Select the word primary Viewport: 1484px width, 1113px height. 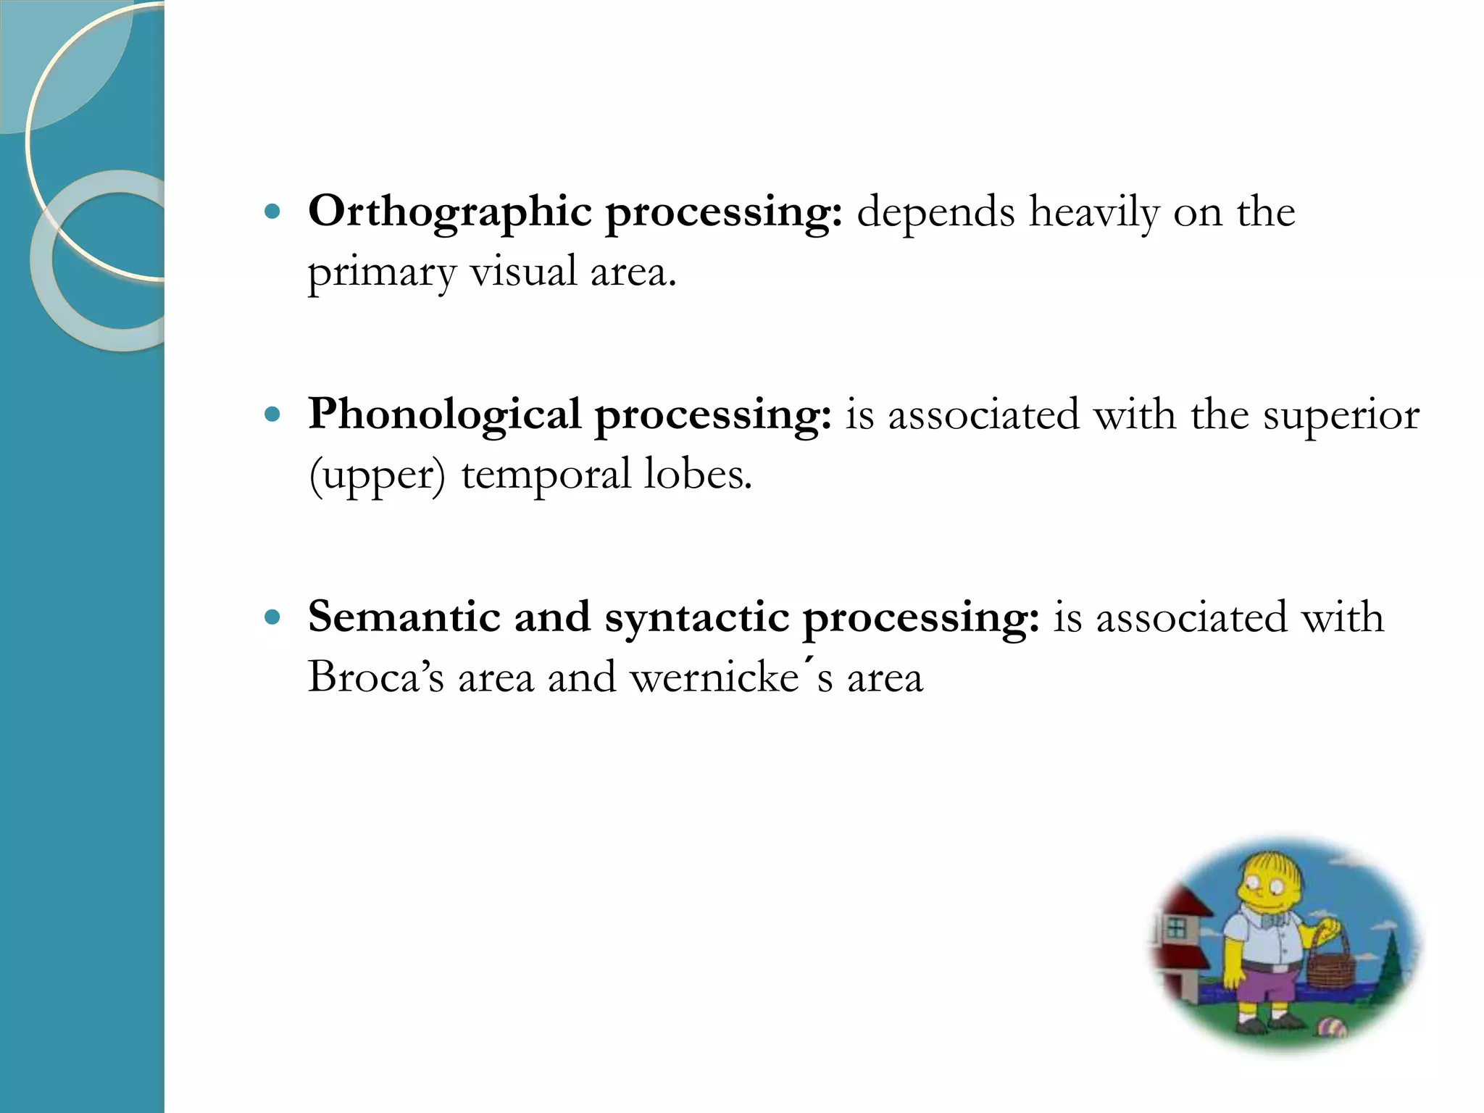tap(381, 273)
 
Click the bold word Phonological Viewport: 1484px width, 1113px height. tap(444, 415)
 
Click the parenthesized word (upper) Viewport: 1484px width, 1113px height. tap(377, 476)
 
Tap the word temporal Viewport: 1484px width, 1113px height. tap(546, 476)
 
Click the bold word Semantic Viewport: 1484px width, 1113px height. tap(404, 617)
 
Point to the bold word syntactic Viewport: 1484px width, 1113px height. tap(696, 618)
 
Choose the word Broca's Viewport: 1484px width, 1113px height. tap(375, 678)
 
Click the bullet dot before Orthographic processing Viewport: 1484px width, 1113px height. tap(272, 212)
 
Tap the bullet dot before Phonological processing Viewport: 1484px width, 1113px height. tap(272, 415)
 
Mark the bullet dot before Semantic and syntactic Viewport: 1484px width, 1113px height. tap(272, 617)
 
